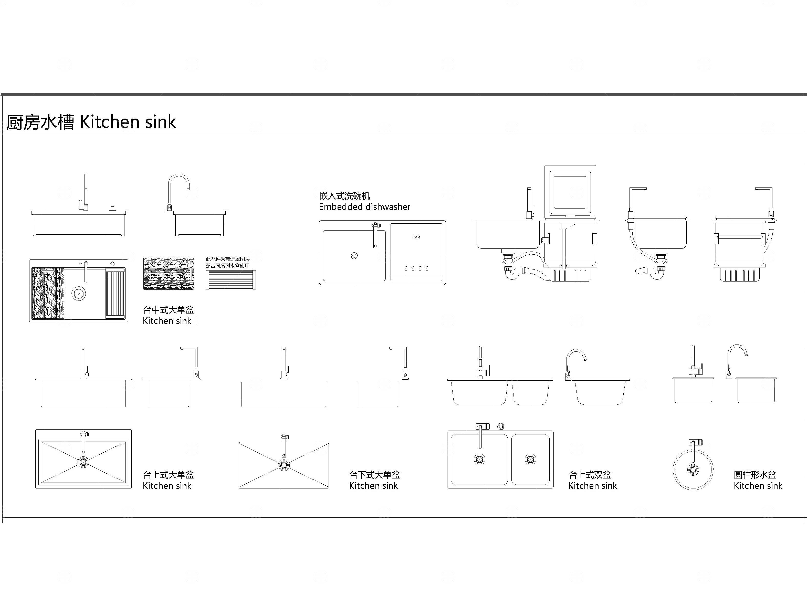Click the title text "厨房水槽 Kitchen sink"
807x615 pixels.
(91, 122)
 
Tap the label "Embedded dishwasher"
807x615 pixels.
(364, 207)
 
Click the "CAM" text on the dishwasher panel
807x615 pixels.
(416, 237)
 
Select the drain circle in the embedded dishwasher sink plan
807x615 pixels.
(354, 256)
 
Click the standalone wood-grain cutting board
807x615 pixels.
(168, 274)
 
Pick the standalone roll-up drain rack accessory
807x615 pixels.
(230, 280)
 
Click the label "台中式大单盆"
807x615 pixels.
(168, 310)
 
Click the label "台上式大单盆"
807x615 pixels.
(168, 475)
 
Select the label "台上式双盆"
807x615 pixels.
(589, 475)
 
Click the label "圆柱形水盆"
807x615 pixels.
(755, 475)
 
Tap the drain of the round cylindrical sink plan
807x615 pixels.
(693, 470)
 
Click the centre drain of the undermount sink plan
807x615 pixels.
(284, 465)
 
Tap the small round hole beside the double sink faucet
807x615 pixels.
(501, 426)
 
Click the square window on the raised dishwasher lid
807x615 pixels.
(570, 192)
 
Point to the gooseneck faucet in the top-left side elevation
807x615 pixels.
(178, 190)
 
